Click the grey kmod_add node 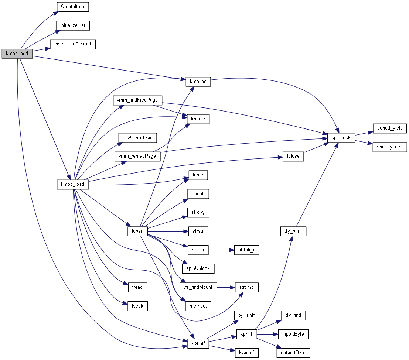(17, 54)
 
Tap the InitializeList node (73, 25)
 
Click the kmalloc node (198, 81)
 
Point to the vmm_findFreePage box (137, 100)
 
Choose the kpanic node (198, 119)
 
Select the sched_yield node (389, 128)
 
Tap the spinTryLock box (389, 147)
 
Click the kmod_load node (73, 184)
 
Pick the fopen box (137, 232)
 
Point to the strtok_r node (246, 250)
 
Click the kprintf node (198, 343)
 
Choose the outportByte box (293, 353)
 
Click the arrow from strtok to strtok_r (221, 250)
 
